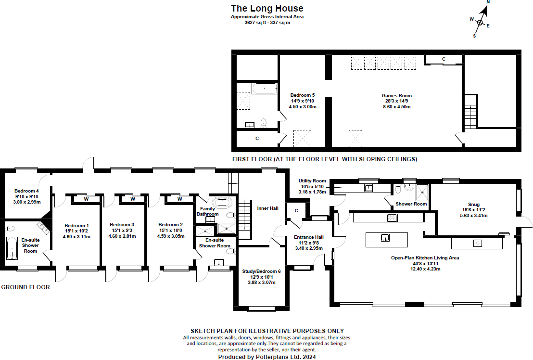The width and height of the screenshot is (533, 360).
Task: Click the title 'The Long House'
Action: point(267,8)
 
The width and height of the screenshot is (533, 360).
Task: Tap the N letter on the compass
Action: point(487,2)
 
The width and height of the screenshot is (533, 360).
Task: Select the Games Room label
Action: point(396,96)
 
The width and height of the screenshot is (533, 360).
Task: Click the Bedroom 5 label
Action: point(303,95)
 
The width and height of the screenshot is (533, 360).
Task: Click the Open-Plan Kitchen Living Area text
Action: point(425,258)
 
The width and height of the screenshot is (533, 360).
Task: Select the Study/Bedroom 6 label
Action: point(262,271)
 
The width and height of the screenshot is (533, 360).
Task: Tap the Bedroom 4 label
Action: point(26,191)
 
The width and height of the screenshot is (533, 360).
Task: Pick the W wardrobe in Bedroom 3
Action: point(132,199)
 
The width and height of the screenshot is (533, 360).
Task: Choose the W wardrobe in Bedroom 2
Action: point(179,199)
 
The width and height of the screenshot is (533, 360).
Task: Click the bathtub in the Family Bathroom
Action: point(222,202)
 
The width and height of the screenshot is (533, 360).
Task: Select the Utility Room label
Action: point(312,181)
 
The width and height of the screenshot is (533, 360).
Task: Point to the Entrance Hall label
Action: point(309,237)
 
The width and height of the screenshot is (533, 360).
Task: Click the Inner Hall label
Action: point(267,208)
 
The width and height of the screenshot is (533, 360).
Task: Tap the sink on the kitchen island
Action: point(386,237)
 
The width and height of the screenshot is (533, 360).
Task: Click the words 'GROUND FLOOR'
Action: point(25,287)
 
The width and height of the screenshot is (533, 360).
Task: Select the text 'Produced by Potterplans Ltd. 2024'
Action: point(267,357)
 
